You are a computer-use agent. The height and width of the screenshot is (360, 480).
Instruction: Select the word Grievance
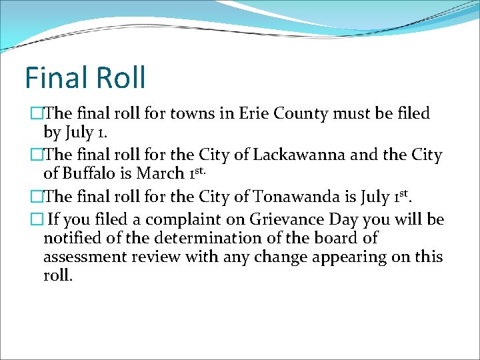pos(287,219)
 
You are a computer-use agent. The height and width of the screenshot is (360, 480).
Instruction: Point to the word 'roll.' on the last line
pos(58,275)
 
